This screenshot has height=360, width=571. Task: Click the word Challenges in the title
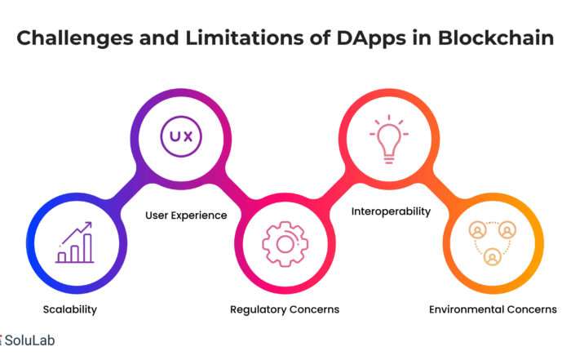75,38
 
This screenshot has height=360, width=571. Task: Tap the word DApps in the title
370,38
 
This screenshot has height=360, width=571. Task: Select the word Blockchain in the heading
496,38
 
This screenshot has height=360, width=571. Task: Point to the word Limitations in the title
245,38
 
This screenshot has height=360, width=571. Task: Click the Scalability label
70,309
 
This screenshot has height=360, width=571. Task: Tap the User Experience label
186,216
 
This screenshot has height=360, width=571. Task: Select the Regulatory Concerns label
285,309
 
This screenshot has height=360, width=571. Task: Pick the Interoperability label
391,211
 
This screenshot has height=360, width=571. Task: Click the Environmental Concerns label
493,309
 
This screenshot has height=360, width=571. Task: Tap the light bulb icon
389,140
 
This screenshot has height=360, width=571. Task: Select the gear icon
285,244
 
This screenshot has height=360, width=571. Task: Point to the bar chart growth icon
75,242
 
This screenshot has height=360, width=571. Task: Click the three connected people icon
493,242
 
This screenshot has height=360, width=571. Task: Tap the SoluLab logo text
30,340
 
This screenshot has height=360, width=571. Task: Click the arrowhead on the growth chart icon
88,225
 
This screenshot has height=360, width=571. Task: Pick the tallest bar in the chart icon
87,248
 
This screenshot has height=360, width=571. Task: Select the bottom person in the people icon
493,256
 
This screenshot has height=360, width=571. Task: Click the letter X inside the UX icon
188,136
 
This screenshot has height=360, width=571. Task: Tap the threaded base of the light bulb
389,159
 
